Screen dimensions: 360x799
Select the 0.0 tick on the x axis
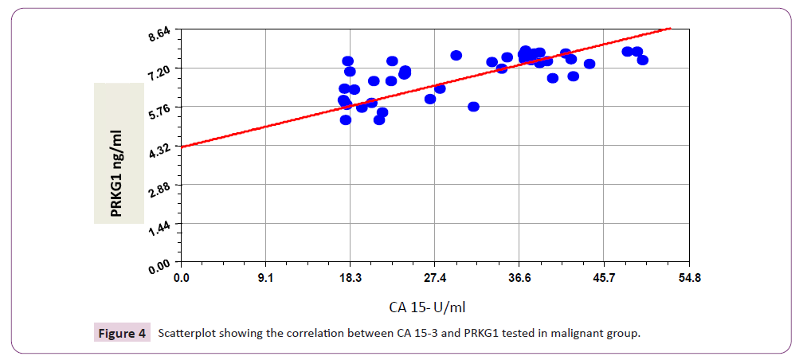tap(182, 278)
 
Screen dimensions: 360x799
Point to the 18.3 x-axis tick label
tap(351, 278)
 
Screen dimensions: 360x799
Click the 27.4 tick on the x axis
tap(434, 278)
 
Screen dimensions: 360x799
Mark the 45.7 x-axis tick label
tap(603, 278)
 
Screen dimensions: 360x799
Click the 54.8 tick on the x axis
tap(688, 278)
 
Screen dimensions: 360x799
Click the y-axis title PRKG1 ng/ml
tap(118, 153)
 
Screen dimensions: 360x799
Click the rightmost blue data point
tap(643, 60)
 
